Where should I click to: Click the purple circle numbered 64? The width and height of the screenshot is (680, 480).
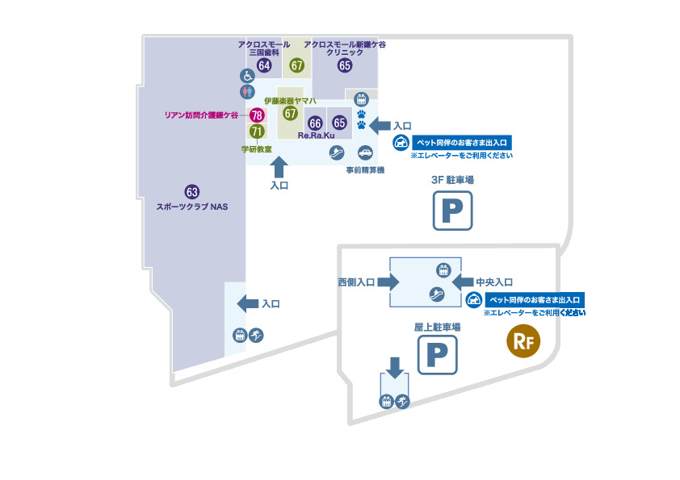263,65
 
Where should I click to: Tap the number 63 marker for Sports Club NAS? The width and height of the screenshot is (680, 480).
192,192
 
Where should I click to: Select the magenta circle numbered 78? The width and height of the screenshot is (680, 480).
257,115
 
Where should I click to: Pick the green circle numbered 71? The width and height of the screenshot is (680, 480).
257,131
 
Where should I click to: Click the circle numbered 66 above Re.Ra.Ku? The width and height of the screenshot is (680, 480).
316,123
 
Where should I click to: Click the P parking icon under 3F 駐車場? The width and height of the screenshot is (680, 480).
451,212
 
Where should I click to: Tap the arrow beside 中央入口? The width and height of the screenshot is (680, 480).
462,282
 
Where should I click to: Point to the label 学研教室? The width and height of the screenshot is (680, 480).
256,149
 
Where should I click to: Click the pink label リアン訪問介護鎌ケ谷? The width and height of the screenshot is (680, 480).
201,115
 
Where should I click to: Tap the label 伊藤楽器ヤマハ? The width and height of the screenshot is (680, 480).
290,100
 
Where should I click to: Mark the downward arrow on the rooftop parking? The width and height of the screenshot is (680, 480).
394,367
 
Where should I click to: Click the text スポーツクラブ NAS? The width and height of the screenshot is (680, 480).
192,207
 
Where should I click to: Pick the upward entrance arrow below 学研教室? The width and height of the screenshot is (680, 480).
279,167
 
